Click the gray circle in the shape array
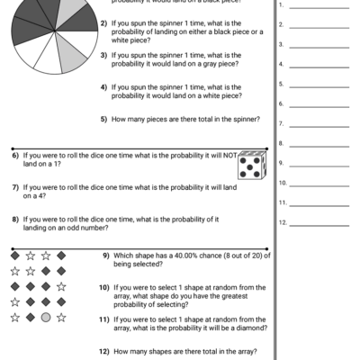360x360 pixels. [45, 317]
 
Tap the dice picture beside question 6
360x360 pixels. [251, 165]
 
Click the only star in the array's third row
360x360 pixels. [61, 286]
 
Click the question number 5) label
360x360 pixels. [104, 119]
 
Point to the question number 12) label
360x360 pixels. [105, 351]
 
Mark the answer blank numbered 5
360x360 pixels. [319, 84]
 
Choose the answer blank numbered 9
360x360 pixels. [319, 163]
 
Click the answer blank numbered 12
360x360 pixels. [319, 222]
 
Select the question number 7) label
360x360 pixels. [16, 187]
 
